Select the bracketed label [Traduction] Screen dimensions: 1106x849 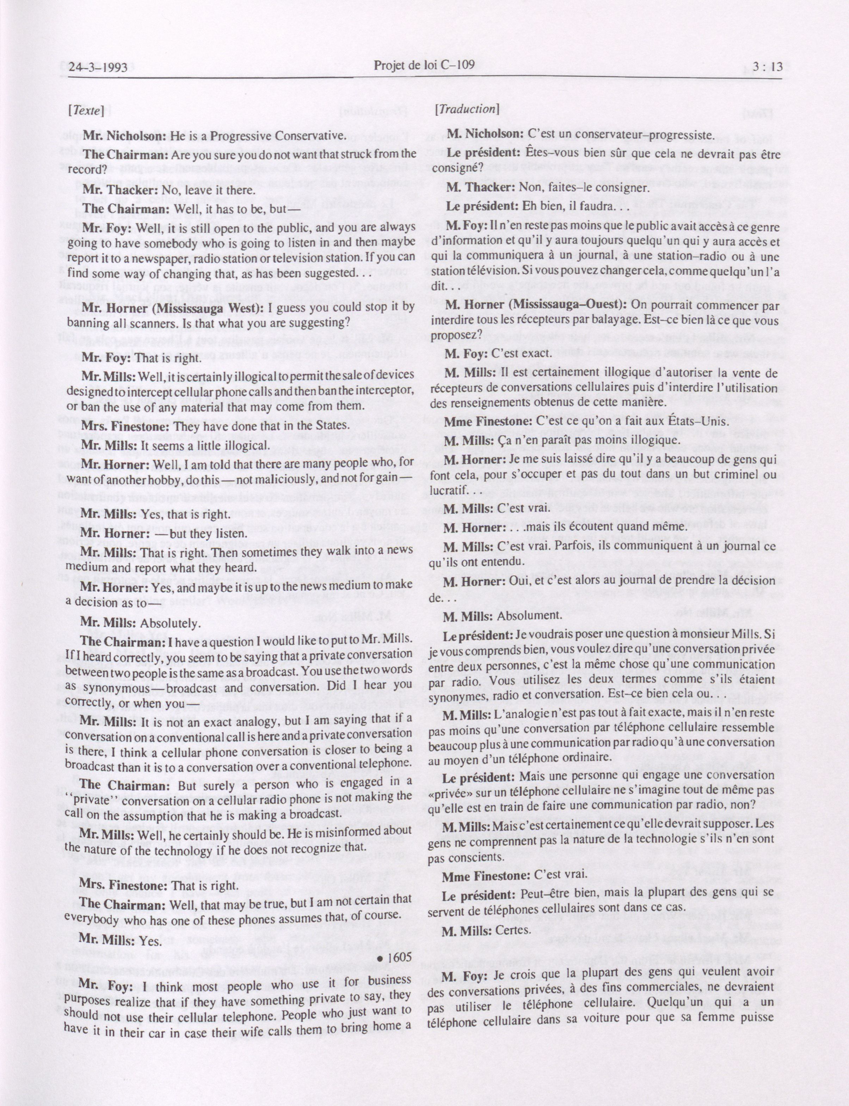467,108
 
